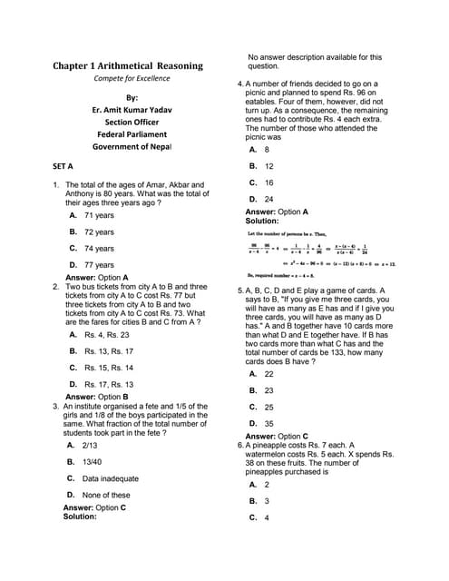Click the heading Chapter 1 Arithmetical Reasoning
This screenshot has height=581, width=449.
coord(128,66)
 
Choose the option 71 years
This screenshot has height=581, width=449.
coord(98,216)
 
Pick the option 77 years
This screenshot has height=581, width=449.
coord(98,265)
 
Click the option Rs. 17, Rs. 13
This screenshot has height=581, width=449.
coord(108,384)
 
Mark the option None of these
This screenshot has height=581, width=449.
coord(105,495)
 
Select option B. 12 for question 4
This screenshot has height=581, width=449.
coord(268,166)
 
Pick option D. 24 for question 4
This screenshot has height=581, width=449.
coord(268,199)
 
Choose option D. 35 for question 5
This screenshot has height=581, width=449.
coord(268,423)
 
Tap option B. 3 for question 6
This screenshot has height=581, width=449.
coord(266,501)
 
